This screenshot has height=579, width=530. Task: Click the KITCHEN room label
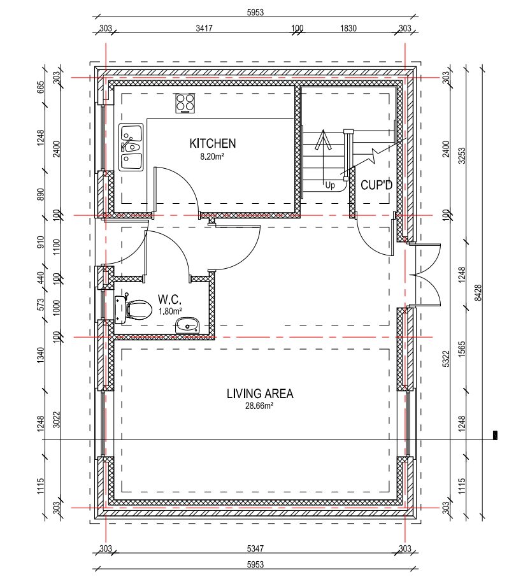click(x=212, y=143)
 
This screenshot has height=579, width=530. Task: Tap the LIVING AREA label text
click(x=260, y=394)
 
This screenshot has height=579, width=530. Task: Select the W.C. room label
click(x=169, y=299)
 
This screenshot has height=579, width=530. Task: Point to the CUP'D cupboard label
click(x=376, y=185)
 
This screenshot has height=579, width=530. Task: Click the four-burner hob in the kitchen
click(x=185, y=103)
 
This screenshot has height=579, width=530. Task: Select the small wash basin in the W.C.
click(x=187, y=325)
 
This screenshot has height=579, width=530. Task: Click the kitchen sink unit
click(x=131, y=147)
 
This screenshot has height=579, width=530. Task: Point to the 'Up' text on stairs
click(x=330, y=185)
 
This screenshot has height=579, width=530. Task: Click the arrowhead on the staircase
click(x=323, y=139)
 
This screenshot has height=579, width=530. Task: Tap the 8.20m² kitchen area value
click(x=212, y=156)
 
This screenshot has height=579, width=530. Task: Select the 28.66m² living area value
click(x=259, y=406)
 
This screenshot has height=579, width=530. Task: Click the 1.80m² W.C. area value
click(x=170, y=311)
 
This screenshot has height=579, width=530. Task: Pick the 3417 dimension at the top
click(x=204, y=28)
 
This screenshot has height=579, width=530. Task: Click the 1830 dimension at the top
click(x=348, y=28)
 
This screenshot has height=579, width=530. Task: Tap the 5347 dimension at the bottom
click(x=255, y=548)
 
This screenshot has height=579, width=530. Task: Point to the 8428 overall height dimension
click(x=478, y=292)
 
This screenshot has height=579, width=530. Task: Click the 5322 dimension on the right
click(x=446, y=359)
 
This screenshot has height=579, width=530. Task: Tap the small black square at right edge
click(x=495, y=435)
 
